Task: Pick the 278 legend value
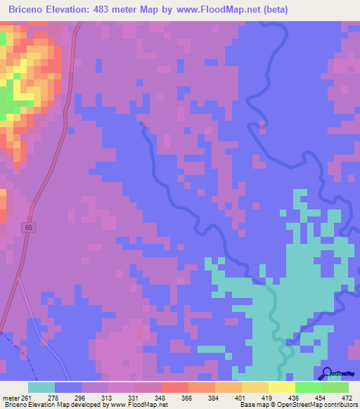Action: (x=54, y=398)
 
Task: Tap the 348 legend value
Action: (x=161, y=398)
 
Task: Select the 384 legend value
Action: (x=214, y=398)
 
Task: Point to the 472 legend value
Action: (x=347, y=398)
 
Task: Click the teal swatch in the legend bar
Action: (x=41, y=387)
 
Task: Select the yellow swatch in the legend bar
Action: (x=281, y=387)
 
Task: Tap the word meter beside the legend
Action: (x=9, y=398)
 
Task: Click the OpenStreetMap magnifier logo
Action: (x=328, y=373)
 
